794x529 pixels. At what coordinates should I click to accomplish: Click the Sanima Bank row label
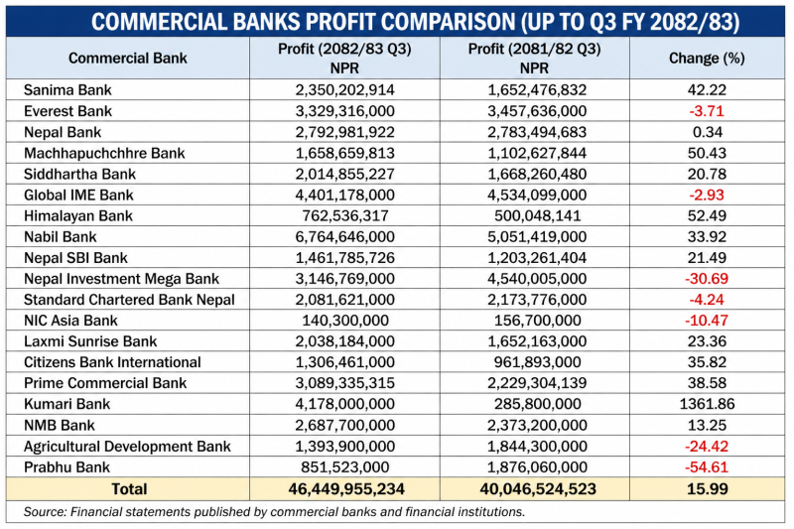66,90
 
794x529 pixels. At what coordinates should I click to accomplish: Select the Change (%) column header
707,59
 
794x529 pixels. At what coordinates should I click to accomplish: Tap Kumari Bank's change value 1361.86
707,404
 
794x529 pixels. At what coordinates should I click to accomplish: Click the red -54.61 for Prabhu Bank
707,467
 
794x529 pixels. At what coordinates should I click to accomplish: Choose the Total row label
128,488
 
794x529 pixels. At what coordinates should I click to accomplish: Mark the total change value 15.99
707,488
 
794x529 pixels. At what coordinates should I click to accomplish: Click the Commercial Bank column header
128,59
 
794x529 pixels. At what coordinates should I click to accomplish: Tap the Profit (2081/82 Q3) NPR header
534,59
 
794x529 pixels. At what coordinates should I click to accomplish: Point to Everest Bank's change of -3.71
707,111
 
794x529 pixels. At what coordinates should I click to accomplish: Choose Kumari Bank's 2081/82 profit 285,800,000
534,404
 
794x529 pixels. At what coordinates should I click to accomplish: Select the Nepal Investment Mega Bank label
121,279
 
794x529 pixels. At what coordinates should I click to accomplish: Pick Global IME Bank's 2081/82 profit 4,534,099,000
534,195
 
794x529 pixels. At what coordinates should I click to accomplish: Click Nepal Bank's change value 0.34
707,132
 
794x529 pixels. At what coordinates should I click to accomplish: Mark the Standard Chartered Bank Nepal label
129,300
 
